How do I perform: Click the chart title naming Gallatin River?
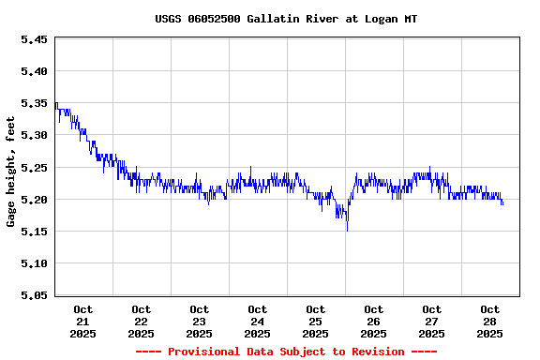click(286, 19)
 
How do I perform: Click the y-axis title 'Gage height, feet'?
click(11, 172)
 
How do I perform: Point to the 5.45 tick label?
click(34, 39)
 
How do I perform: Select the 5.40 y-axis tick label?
click(34, 71)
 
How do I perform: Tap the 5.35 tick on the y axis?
click(34, 103)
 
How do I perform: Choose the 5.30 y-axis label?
click(34, 135)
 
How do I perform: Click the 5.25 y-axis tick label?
click(34, 167)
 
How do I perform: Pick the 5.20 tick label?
click(34, 199)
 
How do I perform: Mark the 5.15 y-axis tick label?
click(34, 231)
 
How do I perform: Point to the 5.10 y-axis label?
click(34, 262)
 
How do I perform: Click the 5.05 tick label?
click(34, 295)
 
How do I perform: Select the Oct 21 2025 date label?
click(82, 321)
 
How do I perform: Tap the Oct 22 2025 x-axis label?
click(141, 321)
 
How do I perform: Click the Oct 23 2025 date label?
click(199, 321)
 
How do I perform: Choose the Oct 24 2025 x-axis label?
click(257, 321)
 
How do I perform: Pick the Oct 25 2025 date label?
click(315, 321)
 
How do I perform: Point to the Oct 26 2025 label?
click(373, 321)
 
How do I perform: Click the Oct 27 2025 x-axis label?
click(431, 321)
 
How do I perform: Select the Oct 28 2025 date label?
click(489, 321)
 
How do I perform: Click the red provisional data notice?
click(286, 352)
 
